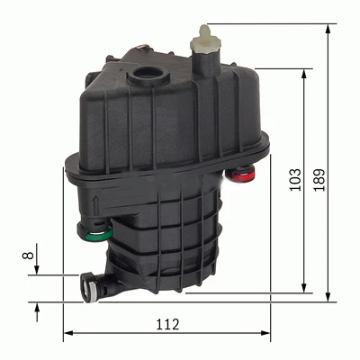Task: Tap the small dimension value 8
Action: point(28,255)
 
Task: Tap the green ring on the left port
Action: point(100,235)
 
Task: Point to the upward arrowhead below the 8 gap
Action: point(37,307)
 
